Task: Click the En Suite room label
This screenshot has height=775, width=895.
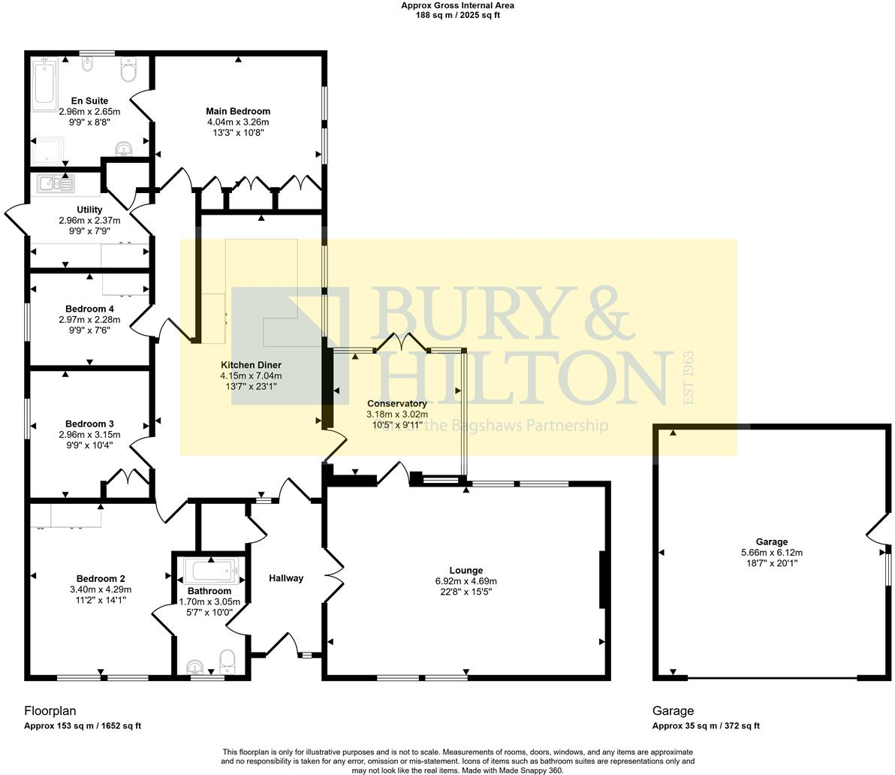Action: [89, 101]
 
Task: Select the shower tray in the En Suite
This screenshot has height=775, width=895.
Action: [47, 151]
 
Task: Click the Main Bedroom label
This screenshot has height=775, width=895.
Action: [238, 111]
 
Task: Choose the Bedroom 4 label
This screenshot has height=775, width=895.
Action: [89, 309]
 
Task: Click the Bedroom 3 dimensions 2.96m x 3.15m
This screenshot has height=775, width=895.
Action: [89, 435]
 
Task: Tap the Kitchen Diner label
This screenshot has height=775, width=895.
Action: [251, 365]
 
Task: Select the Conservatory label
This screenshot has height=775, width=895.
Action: [397, 403]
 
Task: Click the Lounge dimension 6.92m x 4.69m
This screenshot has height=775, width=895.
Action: [466, 581]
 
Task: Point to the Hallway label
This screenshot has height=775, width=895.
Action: [286, 578]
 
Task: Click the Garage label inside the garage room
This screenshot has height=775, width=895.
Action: [772, 541]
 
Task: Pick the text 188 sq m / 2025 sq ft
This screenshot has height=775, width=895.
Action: [457, 15]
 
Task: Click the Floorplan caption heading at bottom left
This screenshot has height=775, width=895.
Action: [50, 710]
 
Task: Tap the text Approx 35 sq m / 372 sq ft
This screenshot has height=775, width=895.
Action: [706, 725]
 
